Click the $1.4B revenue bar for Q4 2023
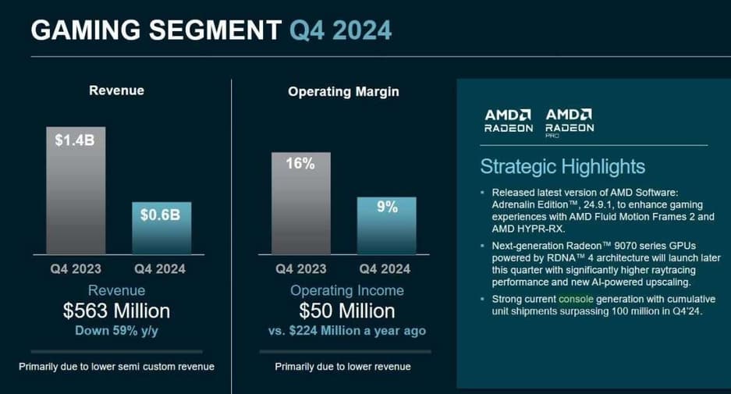pyautogui.click(x=76, y=190)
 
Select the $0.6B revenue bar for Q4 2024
pyautogui.click(x=161, y=228)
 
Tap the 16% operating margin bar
pyautogui.click(x=300, y=203)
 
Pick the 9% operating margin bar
pyautogui.click(x=387, y=225)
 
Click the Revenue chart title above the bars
pyautogui.click(x=116, y=91)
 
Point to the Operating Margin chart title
pyautogui.click(x=343, y=91)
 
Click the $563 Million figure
pyautogui.click(x=116, y=311)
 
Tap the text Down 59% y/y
pyautogui.click(x=116, y=330)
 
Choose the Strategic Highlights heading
pyautogui.click(x=562, y=166)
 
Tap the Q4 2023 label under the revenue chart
pyautogui.click(x=76, y=270)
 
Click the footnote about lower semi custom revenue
pyautogui.click(x=116, y=367)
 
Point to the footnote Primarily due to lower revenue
pyautogui.click(x=342, y=367)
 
